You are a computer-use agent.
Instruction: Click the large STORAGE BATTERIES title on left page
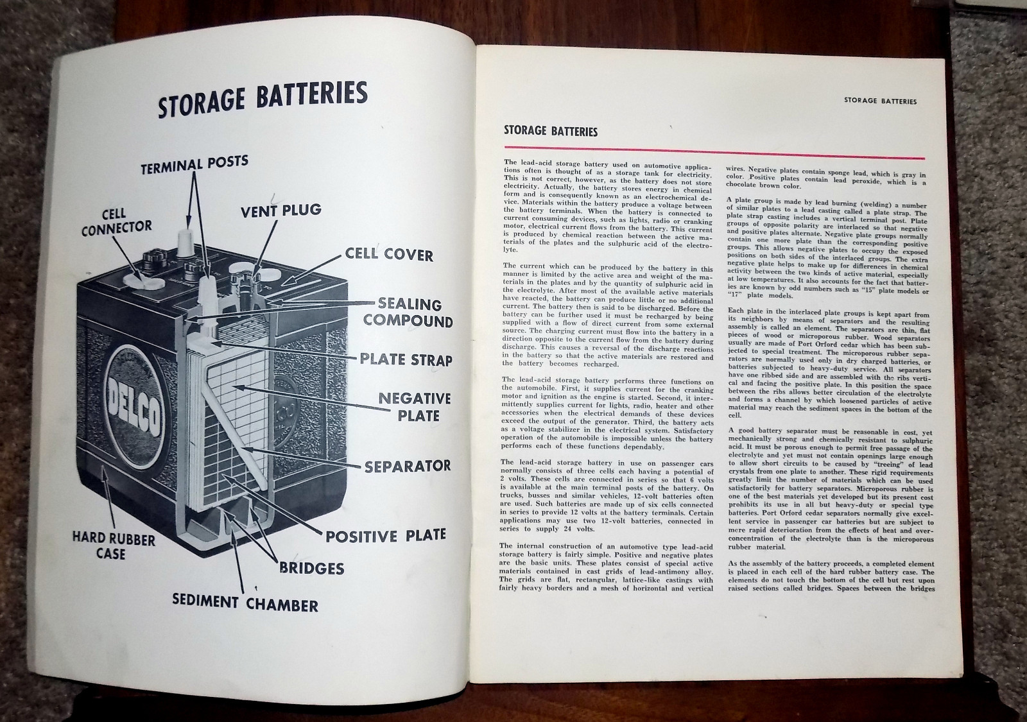tap(263, 99)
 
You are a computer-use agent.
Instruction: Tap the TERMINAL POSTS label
tap(194, 164)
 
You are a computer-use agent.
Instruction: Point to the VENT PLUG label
tap(281, 210)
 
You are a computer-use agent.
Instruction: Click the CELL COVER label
tap(389, 254)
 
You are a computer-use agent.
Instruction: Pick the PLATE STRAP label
tap(406, 359)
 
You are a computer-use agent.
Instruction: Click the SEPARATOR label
tap(408, 465)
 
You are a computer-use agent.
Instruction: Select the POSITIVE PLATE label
tap(386, 535)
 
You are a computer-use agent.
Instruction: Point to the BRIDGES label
tap(311, 567)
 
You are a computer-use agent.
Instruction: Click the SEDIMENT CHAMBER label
tap(245, 603)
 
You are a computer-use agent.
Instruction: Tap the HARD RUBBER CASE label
tap(114, 546)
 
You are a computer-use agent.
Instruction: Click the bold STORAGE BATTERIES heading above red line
tap(551, 132)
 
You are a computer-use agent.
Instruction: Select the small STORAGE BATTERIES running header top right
tap(880, 101)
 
